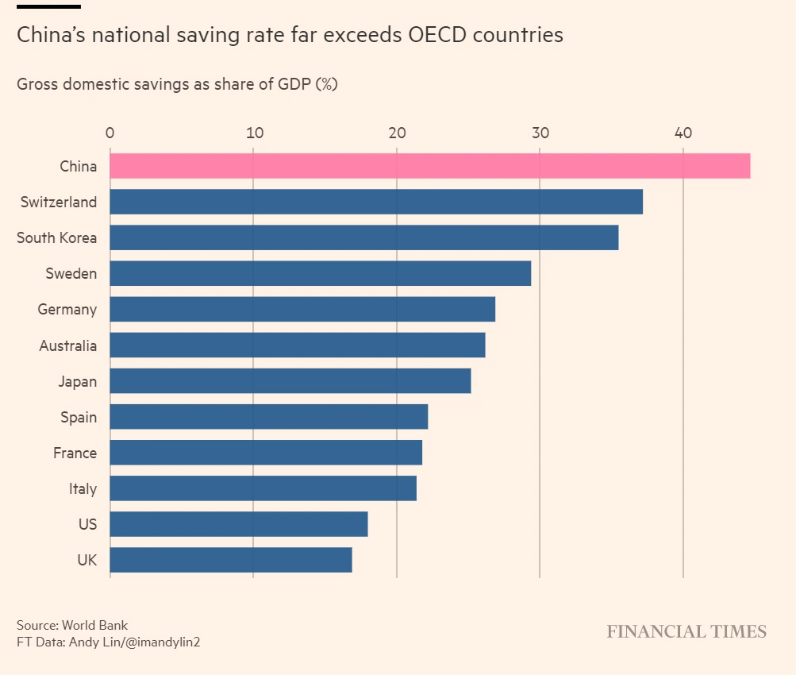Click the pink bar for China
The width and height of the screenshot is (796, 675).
[429, 166]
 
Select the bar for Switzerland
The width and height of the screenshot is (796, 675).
[376, 202]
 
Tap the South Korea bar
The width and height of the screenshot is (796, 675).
[363, 237]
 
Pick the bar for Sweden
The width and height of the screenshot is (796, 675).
[320, 273]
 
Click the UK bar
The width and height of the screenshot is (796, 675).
[231, 560]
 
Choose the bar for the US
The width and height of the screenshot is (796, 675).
[239, 524]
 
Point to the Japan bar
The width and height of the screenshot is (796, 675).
[290, 381]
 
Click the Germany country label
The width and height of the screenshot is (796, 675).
[67, 310]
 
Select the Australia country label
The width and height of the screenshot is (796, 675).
[68, 345]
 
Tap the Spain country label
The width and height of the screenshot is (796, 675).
[79, 417]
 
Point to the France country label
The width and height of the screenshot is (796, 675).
[75, 453]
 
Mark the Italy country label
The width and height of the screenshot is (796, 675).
[83, 488]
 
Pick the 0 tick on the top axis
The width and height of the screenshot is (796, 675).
[110, 132]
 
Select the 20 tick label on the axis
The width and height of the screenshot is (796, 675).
[397, 132]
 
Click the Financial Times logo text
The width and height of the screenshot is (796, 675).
[686, 631]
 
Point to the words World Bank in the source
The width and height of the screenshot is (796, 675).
[100, 625]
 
